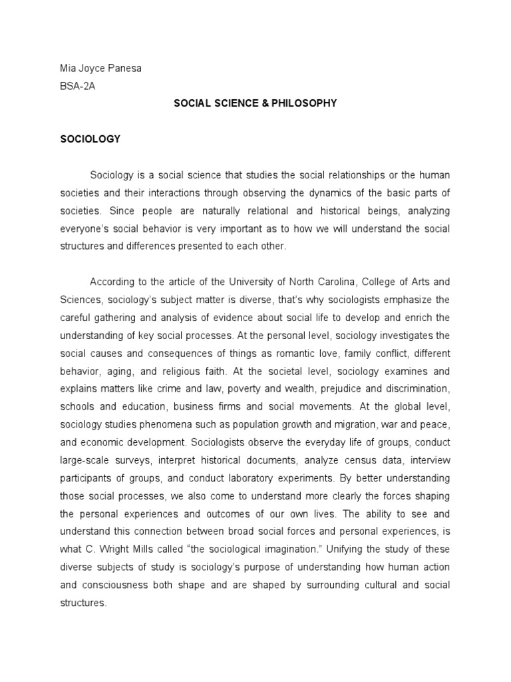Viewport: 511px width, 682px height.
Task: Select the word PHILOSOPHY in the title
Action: pos(303,103)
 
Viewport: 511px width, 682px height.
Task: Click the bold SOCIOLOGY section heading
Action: pos(90,139)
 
